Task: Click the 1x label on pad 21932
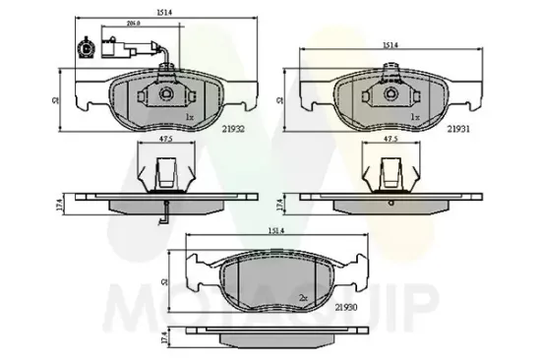tap(189, 116)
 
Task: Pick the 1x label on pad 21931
tap(415, 116)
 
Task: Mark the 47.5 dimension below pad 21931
tap(390, 141)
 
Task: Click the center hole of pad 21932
tap(164, 95)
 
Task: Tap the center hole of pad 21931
tap(390, 95)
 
